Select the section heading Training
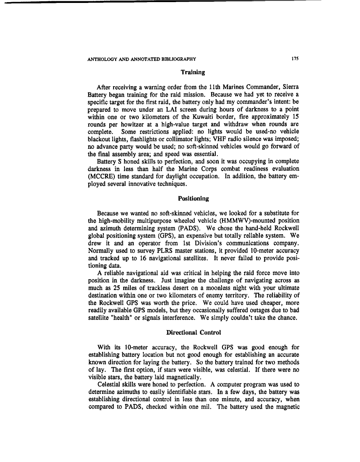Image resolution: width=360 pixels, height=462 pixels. point(193,72)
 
